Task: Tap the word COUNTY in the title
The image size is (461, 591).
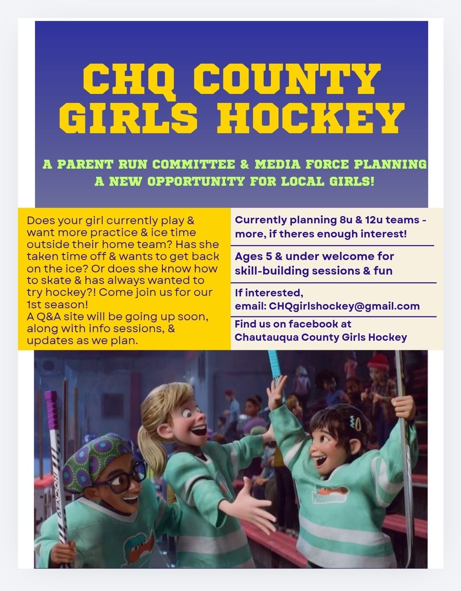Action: [x=287, y=79]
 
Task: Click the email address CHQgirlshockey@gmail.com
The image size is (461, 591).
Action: [x=344, y=306]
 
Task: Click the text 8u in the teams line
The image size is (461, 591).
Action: [x=346, y=220]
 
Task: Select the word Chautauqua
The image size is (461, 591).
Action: [x=266, y=337]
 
